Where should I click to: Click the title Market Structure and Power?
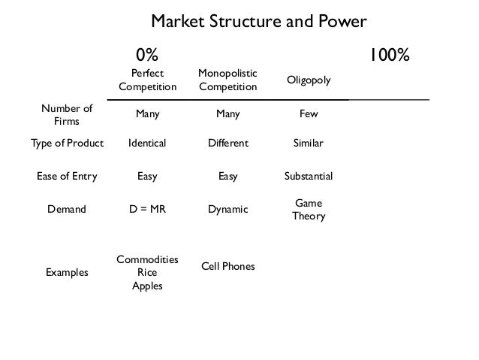259,20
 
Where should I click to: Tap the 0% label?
147,55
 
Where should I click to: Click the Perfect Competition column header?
147,80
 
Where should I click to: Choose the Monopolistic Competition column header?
227,80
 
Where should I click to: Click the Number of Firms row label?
67,114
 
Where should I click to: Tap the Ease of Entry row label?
67,177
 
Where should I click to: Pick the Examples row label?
67,273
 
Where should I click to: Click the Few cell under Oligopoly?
309,114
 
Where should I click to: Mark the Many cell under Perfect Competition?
147,114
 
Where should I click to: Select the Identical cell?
147,142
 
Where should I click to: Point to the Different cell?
227,142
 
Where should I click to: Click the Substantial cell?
309,177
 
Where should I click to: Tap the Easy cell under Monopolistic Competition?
227,177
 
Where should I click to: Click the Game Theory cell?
309,210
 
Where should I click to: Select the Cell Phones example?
227,267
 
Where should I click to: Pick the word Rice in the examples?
147,273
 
